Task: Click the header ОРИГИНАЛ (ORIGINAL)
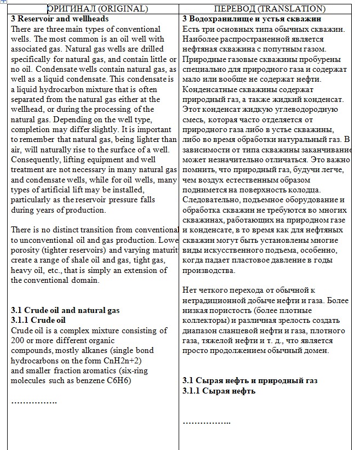coord(98,9)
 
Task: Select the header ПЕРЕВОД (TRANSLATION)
coord(270,9)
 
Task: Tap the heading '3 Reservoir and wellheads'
coord(60,19)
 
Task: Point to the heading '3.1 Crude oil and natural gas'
coord(65,310)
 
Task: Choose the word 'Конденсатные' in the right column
coord(207,89)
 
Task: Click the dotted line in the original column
coord(34,402)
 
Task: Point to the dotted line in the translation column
coord(206,422)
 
